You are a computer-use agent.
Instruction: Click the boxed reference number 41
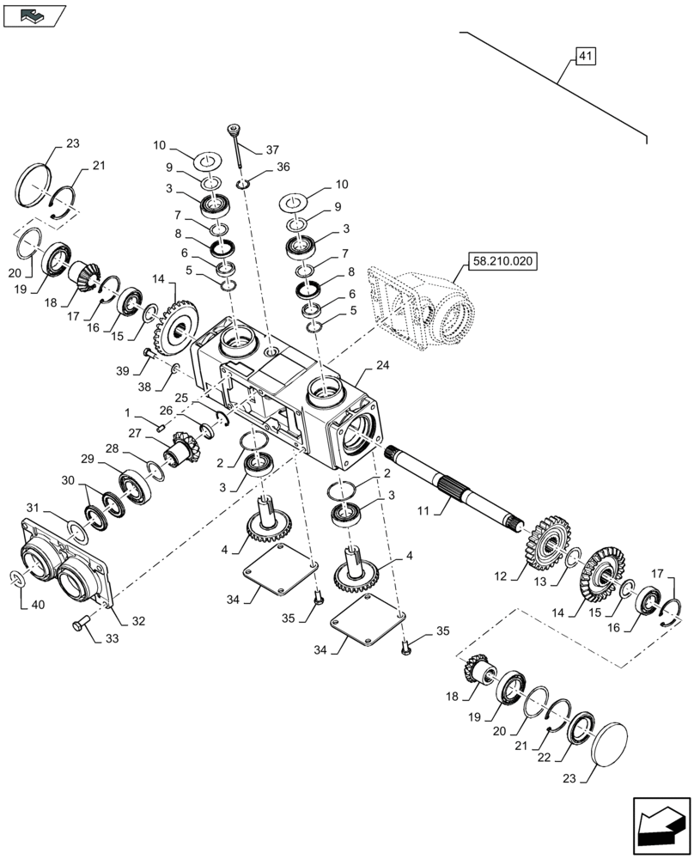click(584, 57)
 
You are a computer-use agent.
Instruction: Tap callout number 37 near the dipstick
click(272, 149)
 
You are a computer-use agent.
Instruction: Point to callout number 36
click(283, 168)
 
